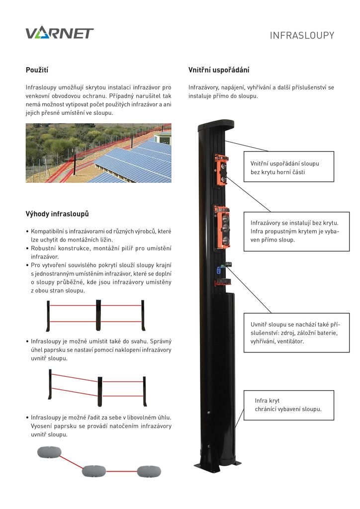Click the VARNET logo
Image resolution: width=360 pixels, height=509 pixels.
[x=59, y=33]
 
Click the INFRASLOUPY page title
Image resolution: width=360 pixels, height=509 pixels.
[x=302, y=35]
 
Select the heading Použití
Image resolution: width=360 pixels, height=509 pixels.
[x=37, y=70]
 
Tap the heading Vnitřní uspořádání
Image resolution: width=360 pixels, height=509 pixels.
[x=219, y=70]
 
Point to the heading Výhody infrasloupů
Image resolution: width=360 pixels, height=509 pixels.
[x=57, y=214]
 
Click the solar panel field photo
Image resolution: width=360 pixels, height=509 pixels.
[x=98, y=153]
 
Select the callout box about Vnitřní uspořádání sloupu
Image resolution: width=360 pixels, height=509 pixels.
[x=289, y=167]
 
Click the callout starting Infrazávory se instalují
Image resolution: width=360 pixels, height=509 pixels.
[x=296, y=231]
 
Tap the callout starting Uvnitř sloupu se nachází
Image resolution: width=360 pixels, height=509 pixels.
[x=296, y=333]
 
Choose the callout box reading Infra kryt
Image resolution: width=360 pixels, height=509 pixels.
[x=289, y=405]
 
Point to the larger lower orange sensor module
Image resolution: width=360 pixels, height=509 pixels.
[x=222, y=227]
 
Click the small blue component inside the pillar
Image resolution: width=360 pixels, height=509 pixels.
[x=218, y=270]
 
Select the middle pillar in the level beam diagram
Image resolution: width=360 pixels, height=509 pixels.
[x=98, y=315]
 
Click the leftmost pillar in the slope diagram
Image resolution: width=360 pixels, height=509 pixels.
[x=50, y=384]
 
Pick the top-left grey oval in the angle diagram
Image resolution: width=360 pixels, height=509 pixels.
[x=50, y=452]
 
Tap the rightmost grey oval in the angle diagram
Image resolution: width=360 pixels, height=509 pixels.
[x=149, y=471]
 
